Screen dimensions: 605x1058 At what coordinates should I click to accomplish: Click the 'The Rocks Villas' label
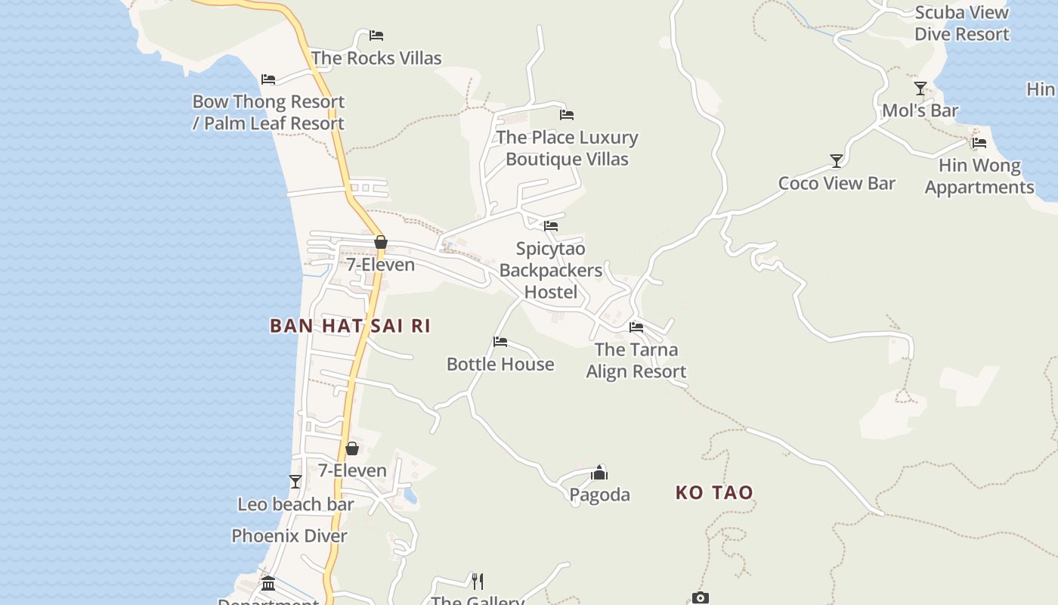(376, 58)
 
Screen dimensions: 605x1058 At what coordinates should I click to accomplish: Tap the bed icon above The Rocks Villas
(376, 36)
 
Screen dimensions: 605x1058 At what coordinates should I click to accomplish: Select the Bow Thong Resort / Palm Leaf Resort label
(268, 113)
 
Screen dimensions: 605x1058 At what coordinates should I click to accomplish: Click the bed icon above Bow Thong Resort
(268, 79)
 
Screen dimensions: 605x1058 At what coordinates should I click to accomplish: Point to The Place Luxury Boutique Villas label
(567, 148)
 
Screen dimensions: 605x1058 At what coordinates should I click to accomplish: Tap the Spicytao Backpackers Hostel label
(550, 270)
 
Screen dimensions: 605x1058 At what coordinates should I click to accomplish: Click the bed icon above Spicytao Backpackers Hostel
(551, 226)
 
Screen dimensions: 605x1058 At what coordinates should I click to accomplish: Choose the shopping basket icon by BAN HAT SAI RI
(381, 243)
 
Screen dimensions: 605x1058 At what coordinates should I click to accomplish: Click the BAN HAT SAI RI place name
(350, 326)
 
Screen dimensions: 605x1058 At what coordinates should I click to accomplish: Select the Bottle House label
(500, 365)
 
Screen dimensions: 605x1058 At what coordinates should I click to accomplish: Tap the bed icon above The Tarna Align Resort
(636, 327)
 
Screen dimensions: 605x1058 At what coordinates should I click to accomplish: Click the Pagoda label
(599, 495)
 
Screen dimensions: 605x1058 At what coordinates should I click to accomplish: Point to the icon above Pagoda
(599, 473)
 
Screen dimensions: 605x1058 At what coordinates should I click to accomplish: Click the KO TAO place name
(714, 493)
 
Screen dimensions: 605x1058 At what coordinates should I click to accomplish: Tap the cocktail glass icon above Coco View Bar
(837, 161)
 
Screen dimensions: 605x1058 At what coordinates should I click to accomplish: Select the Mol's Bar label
(920, 111)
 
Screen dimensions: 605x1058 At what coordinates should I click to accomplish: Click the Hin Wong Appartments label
(979, 176)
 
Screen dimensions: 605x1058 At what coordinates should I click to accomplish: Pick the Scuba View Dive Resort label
(961, 23)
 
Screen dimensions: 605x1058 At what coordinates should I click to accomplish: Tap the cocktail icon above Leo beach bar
(295, 482)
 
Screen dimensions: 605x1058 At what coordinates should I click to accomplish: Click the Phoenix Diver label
(289, 536)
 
